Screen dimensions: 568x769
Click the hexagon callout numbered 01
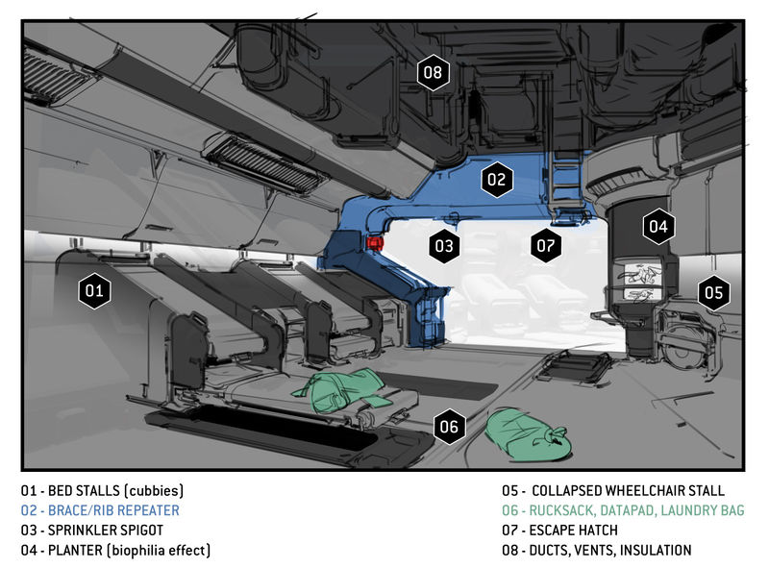click(x=94, y=290)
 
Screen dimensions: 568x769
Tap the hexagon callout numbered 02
click(x=496, y=179)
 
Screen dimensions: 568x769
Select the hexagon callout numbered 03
click(x=443, y=246)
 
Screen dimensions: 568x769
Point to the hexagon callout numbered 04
click(x=657, y=228)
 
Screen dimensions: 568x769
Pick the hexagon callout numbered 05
click(x=711, y=292)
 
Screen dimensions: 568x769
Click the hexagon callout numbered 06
click(x=449, y=426)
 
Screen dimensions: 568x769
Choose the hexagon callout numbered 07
click(x=546, y=246)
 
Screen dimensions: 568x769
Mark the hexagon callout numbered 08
click(x=433, y=72)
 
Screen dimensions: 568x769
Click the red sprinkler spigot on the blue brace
click(x=373, y=243)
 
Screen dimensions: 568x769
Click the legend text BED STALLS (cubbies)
click(x=102, y=490)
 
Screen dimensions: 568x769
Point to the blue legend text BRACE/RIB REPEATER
click(x=100, y=510)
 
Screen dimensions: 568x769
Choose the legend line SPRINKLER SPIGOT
click(x=91, y=531)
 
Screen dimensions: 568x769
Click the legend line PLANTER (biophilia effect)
click(x=115, y=551)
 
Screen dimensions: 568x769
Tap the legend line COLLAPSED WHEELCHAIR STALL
click(x=613, y=490)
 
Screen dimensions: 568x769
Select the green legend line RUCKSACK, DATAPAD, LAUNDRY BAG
click(x=622, y=510)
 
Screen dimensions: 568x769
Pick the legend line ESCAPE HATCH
click(x=559, y=531)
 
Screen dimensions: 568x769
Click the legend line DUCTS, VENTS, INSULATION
click(x=596, y=551)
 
